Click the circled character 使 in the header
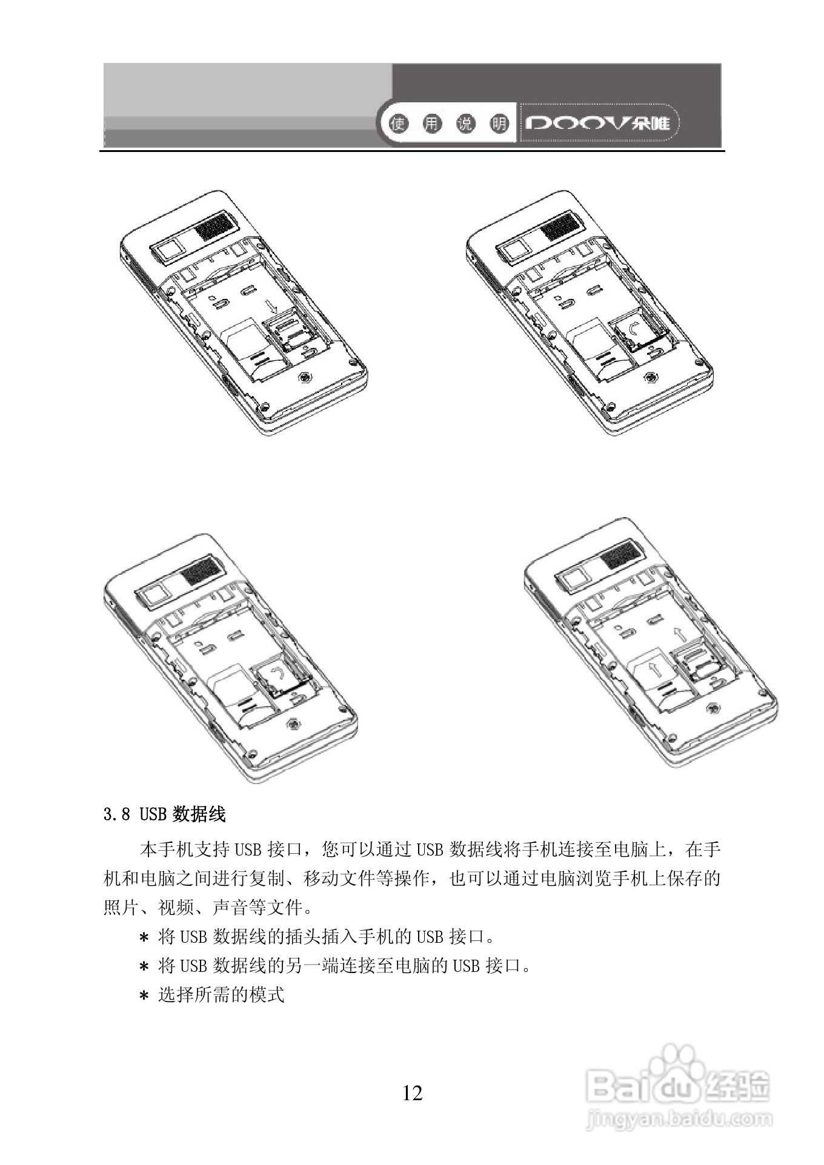399,125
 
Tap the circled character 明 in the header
499,125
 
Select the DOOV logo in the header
597,124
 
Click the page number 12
412,1093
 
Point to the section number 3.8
117,814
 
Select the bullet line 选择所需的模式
221,995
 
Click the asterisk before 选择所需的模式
144,996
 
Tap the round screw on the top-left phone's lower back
305,378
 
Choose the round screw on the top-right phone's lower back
651,378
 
